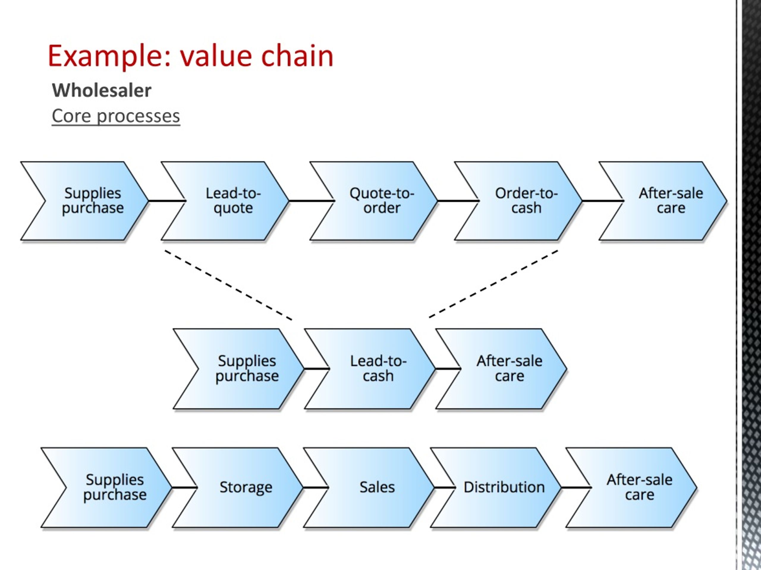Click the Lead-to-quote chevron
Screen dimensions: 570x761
coord(227,201)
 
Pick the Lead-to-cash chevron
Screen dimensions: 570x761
coord(373,369)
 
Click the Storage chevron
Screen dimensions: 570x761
coord(241,487)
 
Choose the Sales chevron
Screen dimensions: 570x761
coord(372,487)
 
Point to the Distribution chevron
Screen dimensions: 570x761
coord(499,487)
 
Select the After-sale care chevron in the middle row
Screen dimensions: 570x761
coord(504,369)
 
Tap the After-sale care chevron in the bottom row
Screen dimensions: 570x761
coord(635,487)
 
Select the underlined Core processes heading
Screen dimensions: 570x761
coord(116,116)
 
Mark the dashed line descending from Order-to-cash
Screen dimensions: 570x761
coord(493,284)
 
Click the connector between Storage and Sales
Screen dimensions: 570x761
coord(315,487)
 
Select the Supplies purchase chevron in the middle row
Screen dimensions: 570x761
coord(243,369)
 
